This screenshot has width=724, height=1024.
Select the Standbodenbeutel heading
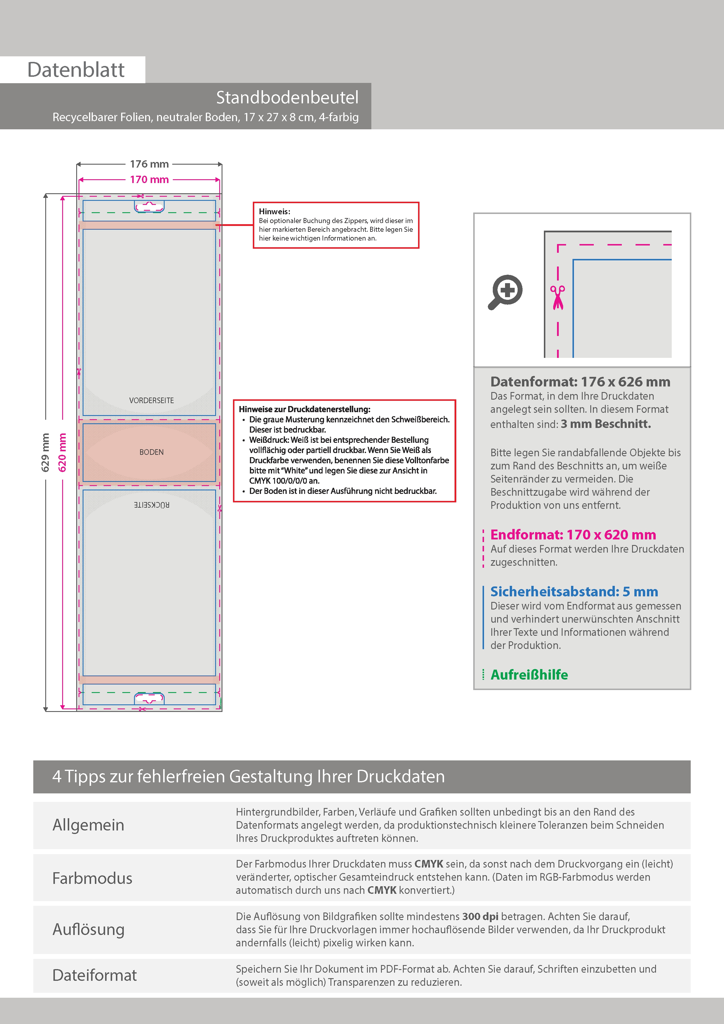tap(287, 97)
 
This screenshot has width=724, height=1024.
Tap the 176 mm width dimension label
tap(149, 164)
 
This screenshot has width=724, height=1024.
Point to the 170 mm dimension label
tap(149, 180)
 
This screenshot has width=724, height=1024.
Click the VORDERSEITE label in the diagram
tap(151, 400)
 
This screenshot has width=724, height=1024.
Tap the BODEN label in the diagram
tap(151, 452)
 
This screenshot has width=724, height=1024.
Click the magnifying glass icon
tap(505, 292)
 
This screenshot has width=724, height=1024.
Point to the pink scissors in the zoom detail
tap(557, 297)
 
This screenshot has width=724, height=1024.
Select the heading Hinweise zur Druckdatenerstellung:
tap(304, 409)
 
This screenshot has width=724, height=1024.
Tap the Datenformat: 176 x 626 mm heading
tap(580, 382)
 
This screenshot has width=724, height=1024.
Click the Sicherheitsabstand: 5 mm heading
tap(574, 591)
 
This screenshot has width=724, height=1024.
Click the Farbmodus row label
tap(92, 878)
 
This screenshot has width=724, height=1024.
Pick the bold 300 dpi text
tap(480, 917)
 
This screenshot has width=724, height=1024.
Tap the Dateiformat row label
tap(95, 975)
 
